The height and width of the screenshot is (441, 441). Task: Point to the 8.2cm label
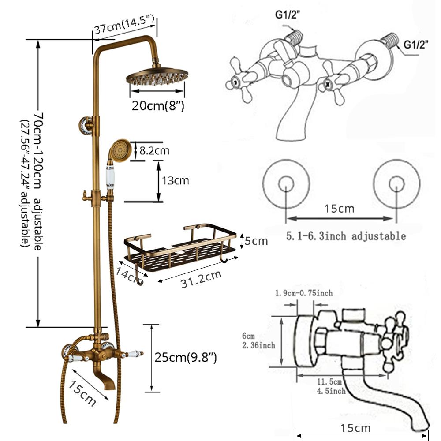click(154, 151)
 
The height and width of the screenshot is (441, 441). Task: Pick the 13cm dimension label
click(176, 180)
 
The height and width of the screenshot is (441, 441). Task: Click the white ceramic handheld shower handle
click(110, 179)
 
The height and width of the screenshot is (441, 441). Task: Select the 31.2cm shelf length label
click(201, 279)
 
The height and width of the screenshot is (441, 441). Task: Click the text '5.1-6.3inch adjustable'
click(346, 236)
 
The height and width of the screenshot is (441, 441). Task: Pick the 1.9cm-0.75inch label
click(303, 293)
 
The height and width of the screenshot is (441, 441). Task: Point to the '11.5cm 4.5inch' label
click(332, 386)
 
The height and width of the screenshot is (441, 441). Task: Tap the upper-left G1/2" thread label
click(288, 15)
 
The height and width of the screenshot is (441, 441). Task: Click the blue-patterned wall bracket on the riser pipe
click(86, 125)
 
